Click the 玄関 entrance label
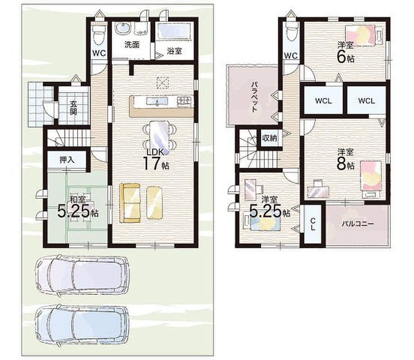(x=73, y=108)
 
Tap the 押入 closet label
(x=67, y=160)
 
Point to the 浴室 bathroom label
(x=174, y=51)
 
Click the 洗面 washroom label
(x=132, y=45)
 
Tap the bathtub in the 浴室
(x=174, y=31)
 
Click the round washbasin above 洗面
(x=123, y=28)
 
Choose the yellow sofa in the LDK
(x=130, y=203)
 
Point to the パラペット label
(x=255, y=97)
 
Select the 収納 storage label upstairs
(x=269, y=138)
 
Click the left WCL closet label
(x=323, y=101)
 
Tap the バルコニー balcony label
(x=358, y=224)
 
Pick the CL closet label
(x=313, y=224)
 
